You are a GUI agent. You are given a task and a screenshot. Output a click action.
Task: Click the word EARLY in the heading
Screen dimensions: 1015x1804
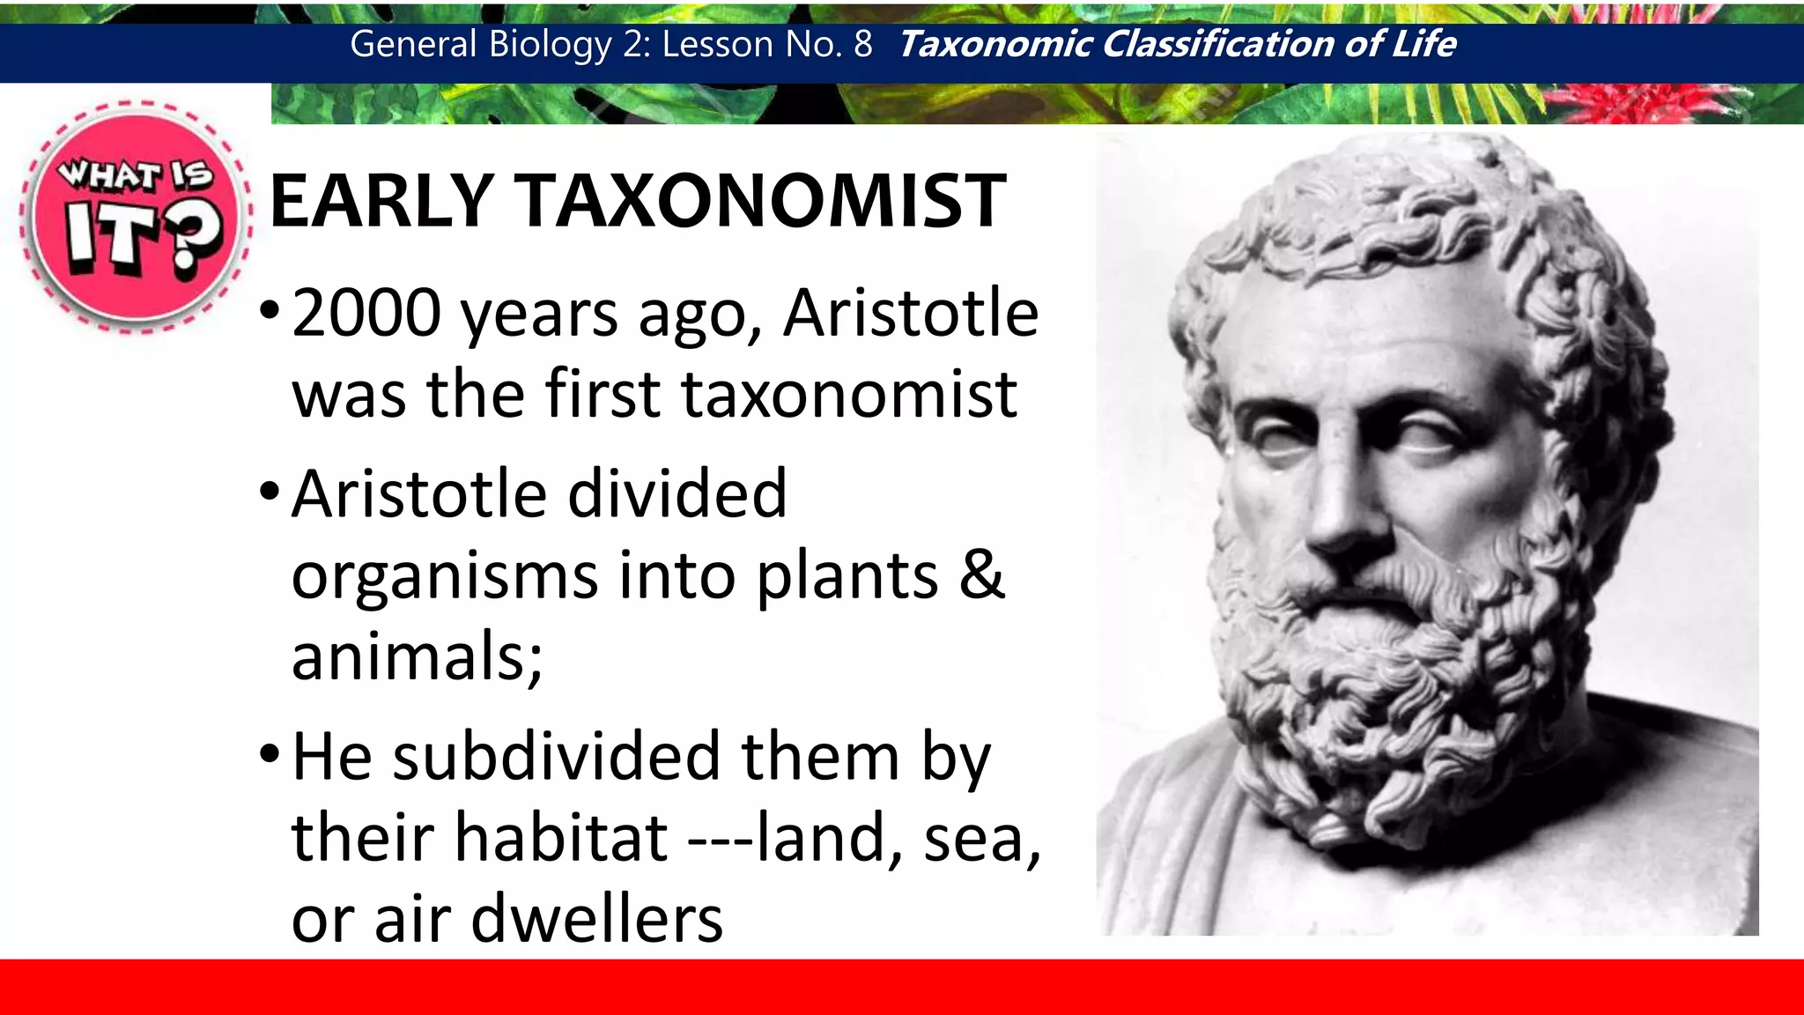pyautogui.click(x=381, y=201)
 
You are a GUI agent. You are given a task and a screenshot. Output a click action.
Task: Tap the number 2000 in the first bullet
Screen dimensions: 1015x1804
pyautogui.click(x=366, y=313)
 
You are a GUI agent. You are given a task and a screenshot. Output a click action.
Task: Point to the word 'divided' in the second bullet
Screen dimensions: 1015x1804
pyautogui.click(x=676, y=493)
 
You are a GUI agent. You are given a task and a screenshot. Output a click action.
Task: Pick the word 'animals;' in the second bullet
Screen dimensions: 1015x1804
pyautogui.click(x=417, y=656)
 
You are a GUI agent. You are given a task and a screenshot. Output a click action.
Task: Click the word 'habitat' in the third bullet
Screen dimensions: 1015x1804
pyautogui.click(x=561, y=837)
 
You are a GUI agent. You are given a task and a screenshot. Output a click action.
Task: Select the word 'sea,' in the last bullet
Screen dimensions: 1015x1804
pyautogui.click(x=982, y=839)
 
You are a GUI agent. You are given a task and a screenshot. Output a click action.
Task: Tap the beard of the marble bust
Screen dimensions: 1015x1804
pyautogui.click(x=1383, y=687)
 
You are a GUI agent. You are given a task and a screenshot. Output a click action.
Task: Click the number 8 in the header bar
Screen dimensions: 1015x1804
pyautogui.click(x=862, y=44)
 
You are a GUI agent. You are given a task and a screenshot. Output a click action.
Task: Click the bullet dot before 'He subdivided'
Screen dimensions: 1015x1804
pyautogui.click(x=270, y=754)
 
